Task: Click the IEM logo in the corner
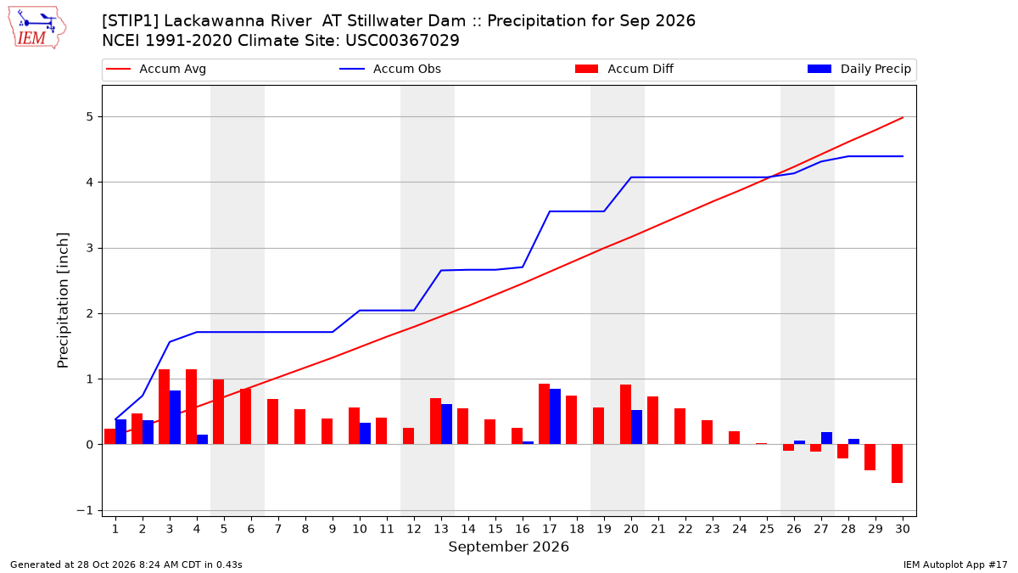(x=36, y=28)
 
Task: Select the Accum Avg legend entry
(x=156, y=69)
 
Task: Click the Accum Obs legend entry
(x=390, y=69)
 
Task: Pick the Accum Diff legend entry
(x=624, y=69)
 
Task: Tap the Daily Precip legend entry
(x=859, y=69)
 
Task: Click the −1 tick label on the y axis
(x=85, y=511)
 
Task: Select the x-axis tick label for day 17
(x=550, y=530)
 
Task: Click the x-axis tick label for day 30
(x=903, y=530)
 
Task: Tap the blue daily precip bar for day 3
(x=175, y=418)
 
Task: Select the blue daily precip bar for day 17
(x=555, y=417)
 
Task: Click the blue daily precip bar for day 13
(x=446, y=424)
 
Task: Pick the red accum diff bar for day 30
(x=897, y=463)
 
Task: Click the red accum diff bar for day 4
(x=192, y=407)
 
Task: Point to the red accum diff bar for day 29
(x=870, y=457)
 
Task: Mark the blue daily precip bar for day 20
(x=637, y=427)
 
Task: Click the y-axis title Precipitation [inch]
(x=63, y=301)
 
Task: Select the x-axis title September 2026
(x=508, y=547)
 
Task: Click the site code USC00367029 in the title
(x=402, y=41)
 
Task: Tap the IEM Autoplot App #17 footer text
(x=955, y=565)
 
